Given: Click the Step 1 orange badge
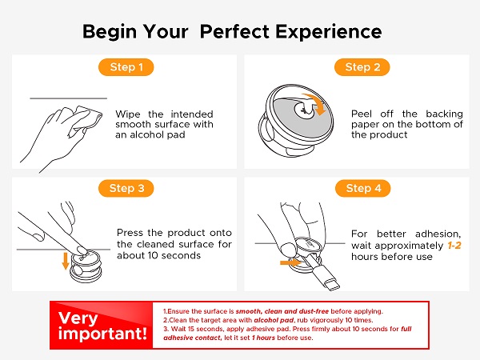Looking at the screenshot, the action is point(126,67).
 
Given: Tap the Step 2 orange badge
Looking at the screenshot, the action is point(362,67).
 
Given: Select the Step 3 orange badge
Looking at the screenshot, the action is point(126,188).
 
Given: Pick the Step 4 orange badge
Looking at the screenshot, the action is point(363,188).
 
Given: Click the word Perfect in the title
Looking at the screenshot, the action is point(234,31).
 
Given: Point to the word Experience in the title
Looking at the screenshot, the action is point(329,32).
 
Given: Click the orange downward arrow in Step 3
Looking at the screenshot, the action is point(66,261).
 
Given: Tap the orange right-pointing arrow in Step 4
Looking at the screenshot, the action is point(291,262).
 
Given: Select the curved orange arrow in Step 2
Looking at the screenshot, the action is point(315,102).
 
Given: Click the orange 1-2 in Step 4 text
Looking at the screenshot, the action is point(454,246).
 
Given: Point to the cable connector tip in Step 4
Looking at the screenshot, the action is point(333,285).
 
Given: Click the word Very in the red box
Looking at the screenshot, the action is point(78,318).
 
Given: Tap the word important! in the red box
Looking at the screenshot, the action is point(102,333).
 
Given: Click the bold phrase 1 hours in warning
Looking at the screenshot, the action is point(263,338).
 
